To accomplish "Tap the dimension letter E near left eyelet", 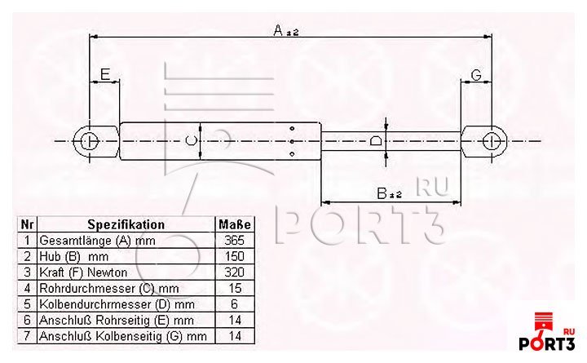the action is click(x=105, y=74).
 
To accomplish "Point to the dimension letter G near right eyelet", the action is click(x=476, y=75).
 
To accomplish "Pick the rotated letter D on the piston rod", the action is click(x=376, y=141).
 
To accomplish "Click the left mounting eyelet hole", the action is click(x=90, y=141).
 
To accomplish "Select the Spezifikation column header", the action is click(x=126, y=224).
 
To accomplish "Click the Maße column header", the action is click(x=235, y=224).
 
